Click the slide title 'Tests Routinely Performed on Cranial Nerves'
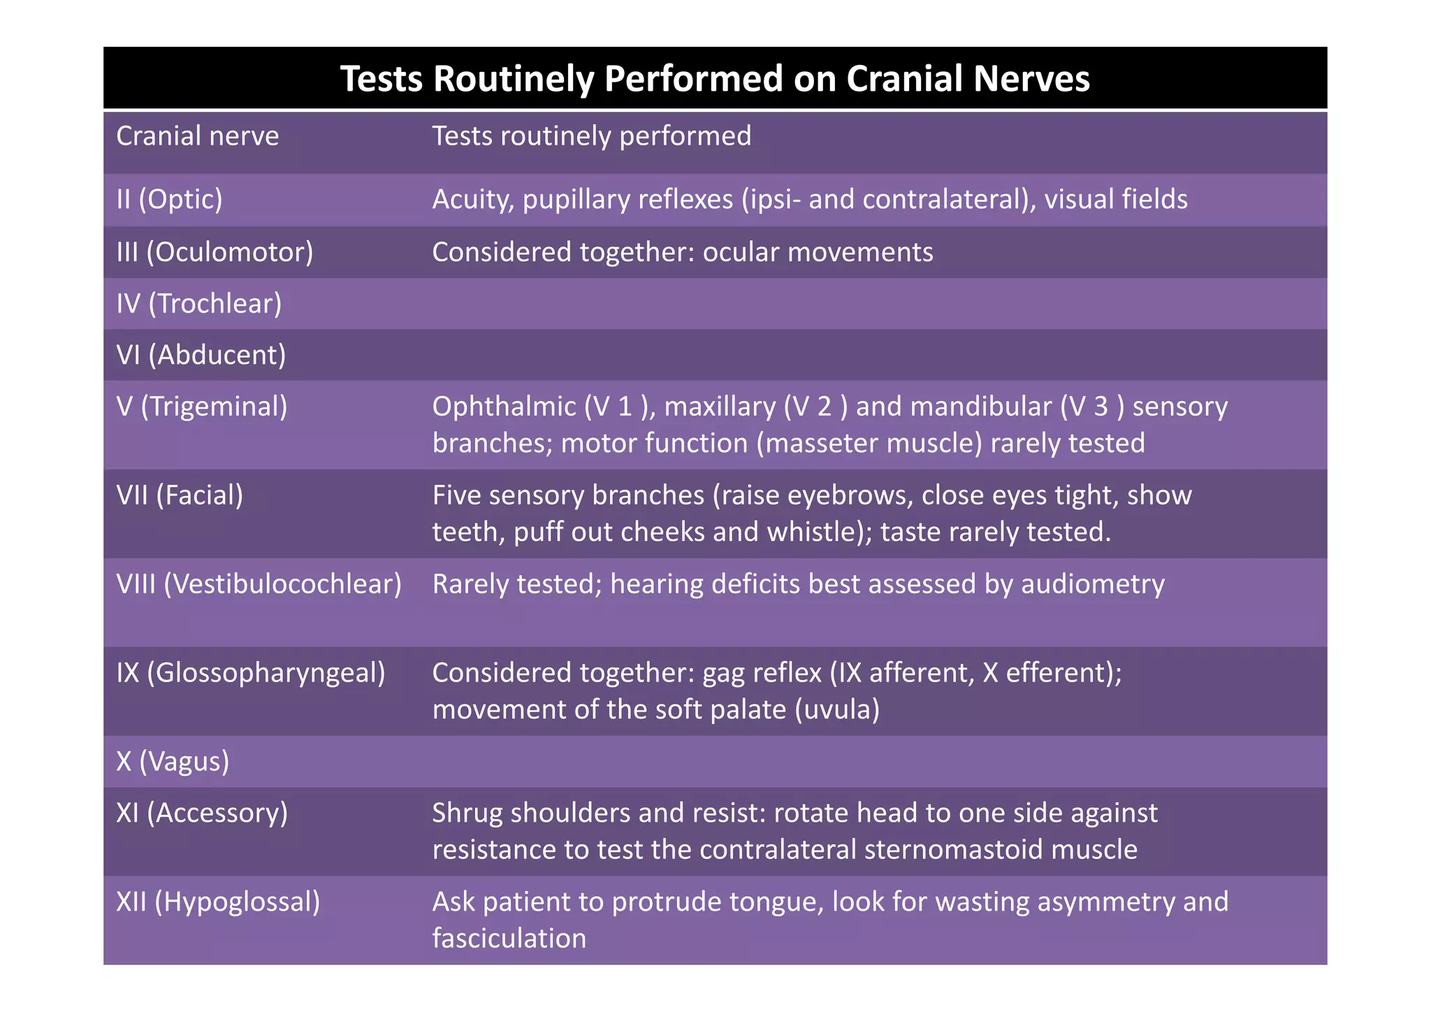pos(715,78)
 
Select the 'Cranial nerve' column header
pos(197,136)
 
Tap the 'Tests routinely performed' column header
pos(591,136)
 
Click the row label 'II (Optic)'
pos(169,199)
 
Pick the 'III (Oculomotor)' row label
pos(215,252)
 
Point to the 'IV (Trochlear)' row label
pos(199,303)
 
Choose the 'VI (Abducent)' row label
pos(201,355)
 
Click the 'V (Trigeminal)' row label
pos(202,406)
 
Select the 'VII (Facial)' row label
pos(180,495)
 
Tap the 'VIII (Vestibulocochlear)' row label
pos(259,584)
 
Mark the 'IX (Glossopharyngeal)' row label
pos(251,672)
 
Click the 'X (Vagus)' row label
pos(173,761)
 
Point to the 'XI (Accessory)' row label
pos(202,813)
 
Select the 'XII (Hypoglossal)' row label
pos(218,902)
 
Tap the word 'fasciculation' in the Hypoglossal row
pos(509,938)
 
